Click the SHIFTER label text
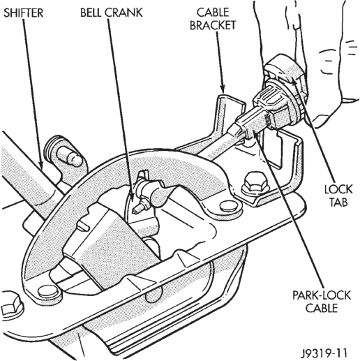(x=24, y=13)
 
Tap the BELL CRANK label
(x=112, y=13)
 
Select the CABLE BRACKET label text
(x=213, y=19)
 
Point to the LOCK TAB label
(x=338, y=196)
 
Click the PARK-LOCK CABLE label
(x=322, y=302)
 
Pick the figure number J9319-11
(x=324, y=353)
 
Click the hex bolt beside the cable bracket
(x=255, y=183)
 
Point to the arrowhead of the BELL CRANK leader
(x=132, y=198)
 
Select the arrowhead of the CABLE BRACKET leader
(x=223, y=89)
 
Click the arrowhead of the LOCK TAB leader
(x=294, y=80)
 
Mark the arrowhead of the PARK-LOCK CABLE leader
(x=255, y=135)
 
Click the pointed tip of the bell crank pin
(x=133, y=212)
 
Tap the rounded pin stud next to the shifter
(x=69, y=156)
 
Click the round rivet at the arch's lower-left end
(x=48, y=291)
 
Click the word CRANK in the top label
(x=123, y=13)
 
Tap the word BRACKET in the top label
(x=213, y=25)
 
